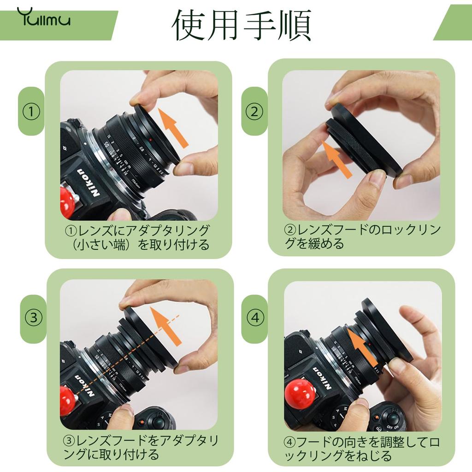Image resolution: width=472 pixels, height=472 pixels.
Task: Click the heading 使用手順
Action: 241,25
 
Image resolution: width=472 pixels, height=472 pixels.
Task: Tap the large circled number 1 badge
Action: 31,111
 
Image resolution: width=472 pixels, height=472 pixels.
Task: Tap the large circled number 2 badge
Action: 254,111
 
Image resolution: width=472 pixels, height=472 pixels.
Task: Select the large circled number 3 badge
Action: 33,318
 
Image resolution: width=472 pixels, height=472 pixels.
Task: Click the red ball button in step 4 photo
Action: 300,394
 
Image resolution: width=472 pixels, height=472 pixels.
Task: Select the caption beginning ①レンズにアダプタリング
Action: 137,237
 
